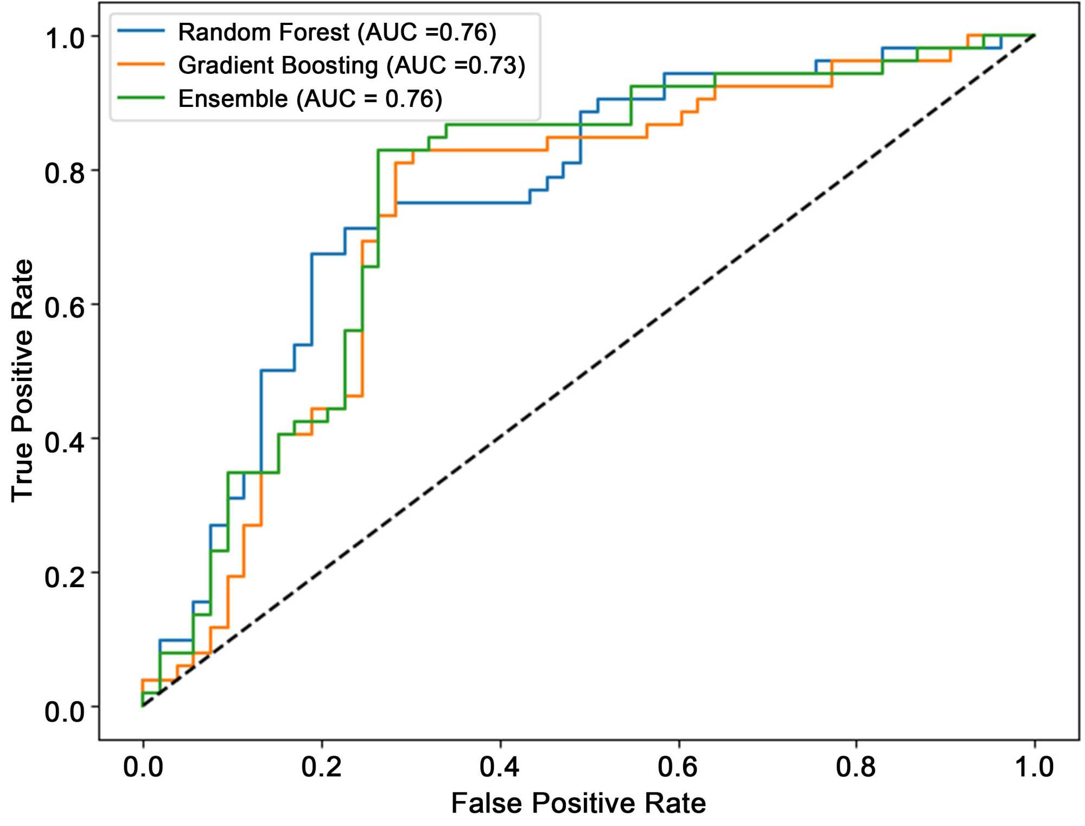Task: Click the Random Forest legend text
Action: point(337,33)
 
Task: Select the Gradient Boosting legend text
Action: point(352,66)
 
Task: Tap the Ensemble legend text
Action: point(310,99)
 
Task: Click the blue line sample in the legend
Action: point(141,31)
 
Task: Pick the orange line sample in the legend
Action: point(141,65)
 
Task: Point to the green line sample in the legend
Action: point(141,98)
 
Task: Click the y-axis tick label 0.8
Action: point(65,173)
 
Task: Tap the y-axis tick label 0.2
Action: point(65,576)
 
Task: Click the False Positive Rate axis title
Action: point(578,803)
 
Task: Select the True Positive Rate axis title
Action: point(23,380)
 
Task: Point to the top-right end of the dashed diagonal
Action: point(1033,36)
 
